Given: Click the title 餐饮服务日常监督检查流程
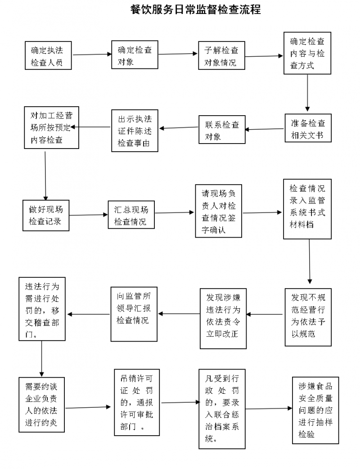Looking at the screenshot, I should click(195, 10).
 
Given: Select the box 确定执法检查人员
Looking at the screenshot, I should click(49, 55).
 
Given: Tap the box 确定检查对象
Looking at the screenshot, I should click(135, 55).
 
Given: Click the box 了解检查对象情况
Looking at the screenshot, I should click(221, 55).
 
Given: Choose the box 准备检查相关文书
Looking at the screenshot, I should click(307, 128).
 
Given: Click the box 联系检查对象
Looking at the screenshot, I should click(222, 130).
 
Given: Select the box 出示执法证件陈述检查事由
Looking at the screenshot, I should click(134, 131).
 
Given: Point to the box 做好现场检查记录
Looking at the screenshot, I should click(46, 215).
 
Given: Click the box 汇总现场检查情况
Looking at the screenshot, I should click(130, 215).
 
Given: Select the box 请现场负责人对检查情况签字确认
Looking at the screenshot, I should click(219, 211).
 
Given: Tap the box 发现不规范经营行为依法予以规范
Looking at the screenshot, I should click(308, 316).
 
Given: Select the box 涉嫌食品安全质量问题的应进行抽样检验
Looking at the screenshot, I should click(315, 410).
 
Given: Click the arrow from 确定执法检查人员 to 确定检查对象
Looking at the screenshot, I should click(92, 54).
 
